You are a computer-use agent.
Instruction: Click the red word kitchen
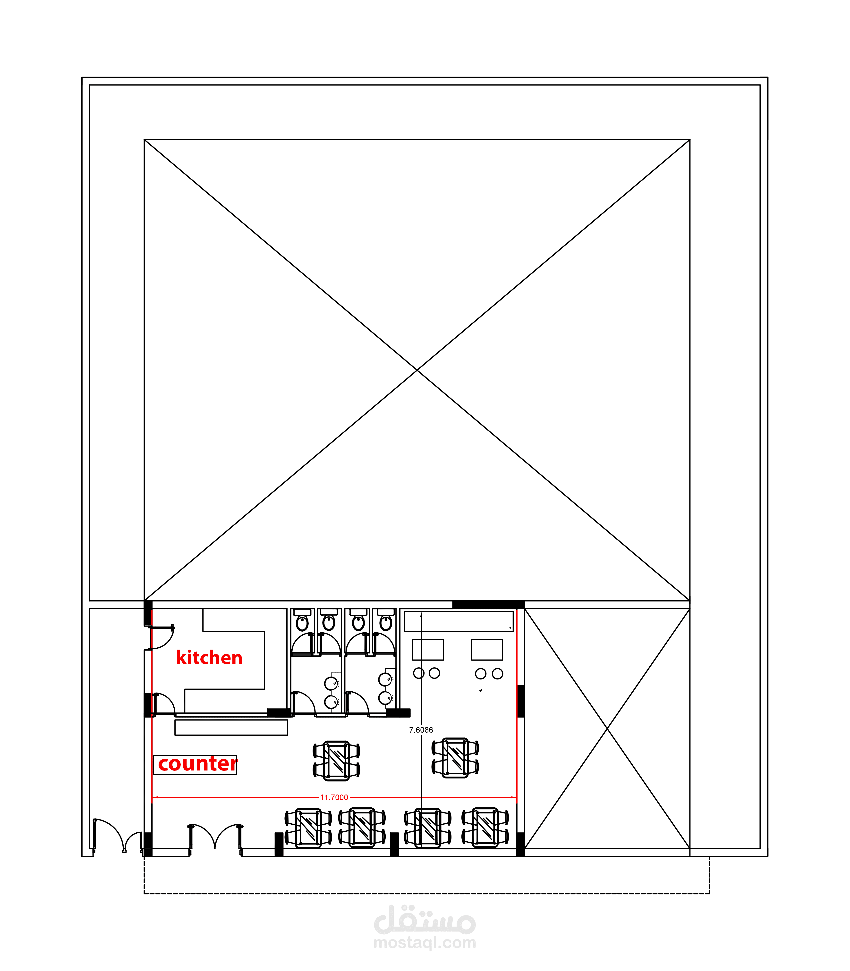209,658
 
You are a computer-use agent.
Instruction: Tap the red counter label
197,764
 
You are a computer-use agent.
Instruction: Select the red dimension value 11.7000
334,797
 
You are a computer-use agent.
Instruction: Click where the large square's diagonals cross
417,370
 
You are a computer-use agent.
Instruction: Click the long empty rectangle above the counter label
231,727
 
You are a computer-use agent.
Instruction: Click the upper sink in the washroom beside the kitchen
331,683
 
